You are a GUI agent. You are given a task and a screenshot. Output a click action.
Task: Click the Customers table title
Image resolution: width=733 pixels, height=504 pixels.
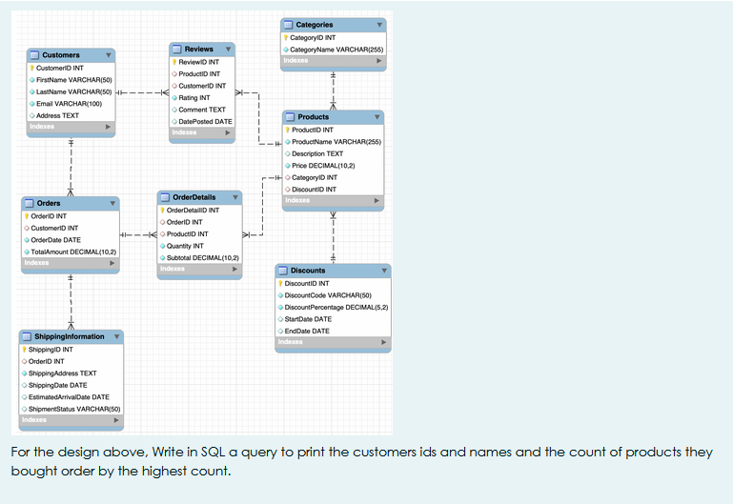coord(61,55)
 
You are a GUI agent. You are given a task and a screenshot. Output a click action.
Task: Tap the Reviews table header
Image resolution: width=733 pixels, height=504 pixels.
coord(198,49)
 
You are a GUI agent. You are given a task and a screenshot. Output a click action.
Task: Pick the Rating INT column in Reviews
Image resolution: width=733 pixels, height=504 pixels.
coord(194,97)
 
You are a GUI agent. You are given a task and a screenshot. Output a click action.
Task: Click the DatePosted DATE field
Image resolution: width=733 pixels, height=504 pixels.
coord(205,121)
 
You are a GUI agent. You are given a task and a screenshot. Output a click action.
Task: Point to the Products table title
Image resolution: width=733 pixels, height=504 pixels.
coord(314,117)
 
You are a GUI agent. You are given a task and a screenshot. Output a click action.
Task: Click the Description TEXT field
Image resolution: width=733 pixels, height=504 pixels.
coord(317,153)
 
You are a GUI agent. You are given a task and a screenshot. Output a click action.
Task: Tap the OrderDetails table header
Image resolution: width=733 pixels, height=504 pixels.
coord(193,197)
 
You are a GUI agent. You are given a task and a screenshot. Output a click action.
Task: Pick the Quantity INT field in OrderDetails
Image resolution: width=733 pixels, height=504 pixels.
coord(185,246)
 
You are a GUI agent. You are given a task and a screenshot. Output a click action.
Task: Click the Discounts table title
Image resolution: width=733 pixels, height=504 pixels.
coord(308,271)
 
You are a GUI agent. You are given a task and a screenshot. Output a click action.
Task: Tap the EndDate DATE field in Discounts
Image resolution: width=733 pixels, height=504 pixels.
coord(307,331)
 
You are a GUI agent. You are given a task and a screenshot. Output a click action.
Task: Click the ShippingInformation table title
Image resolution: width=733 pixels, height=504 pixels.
coord(70,336)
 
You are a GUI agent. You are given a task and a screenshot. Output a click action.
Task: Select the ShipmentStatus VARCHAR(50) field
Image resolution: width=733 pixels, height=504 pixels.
coord(73,409)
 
